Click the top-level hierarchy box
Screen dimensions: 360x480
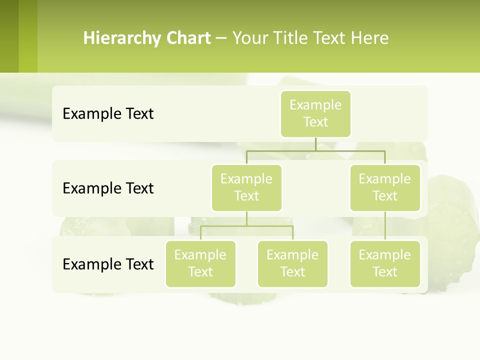pyautogui.click(x=315, y=113)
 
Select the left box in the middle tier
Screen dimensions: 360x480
pyautogui.click(x=246, y=187)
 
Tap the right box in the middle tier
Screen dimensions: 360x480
pyautogui.click(x=385, y=187)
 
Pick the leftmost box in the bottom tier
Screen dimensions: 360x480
pyautogui.click(x=200, y=263)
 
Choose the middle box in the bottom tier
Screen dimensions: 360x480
pyautogui.click(x=292, y=263)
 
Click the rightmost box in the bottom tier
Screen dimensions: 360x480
pyautogui.click(x=385, y=263)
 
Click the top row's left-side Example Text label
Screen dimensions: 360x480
pyautogui.click(x=108, y=114)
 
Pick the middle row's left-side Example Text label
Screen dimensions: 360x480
pyautogui.click(x=108, y=188)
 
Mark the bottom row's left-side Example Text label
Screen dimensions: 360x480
pyautogui.click(x=108, y=264)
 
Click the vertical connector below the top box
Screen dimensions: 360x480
pyautogui.click(x=315, y=144)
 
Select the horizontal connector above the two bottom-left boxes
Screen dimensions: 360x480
pyautogui.click(x=246, y=226)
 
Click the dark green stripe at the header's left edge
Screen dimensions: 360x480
pyautogui.click(x=9, y=36)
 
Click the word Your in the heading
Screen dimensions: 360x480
pyautogui.click(x=249, y=38)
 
